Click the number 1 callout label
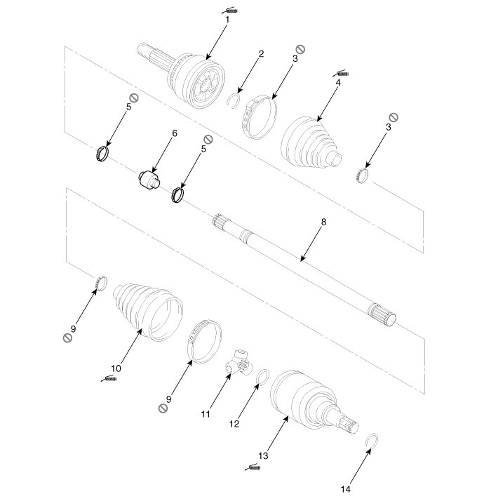(x=227, y=20)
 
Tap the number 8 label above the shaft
(x=323, y=222)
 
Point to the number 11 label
(x=206, y=414)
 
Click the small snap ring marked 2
(x=235, y=102)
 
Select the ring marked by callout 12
(x=262, y=378)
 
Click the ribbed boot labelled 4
(x=311, y=142)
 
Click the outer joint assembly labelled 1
(x=196, y=81)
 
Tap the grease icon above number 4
(x=341, y=72)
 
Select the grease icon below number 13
(x=254, y=467)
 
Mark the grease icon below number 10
(x=110, y=379)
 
